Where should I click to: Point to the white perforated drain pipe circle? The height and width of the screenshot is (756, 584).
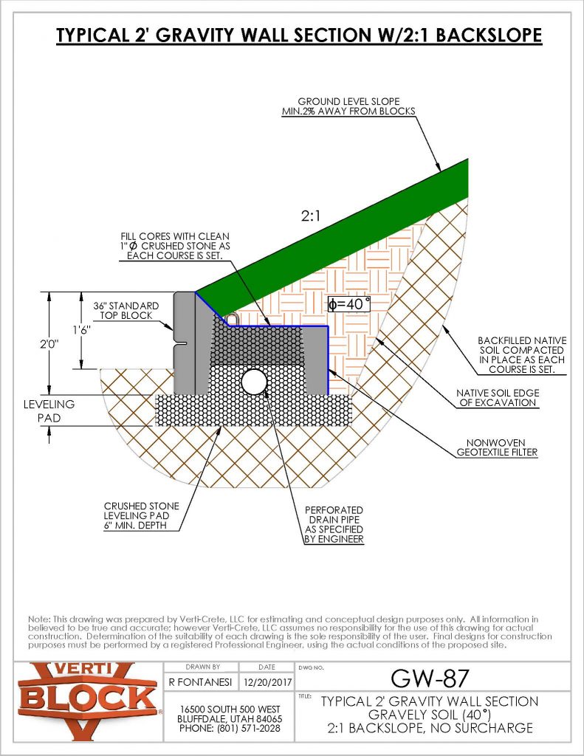click(255, 382)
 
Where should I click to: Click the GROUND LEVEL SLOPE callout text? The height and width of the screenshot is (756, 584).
click(356, 106)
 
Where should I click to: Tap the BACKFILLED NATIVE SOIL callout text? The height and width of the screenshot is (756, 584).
click(521, 354)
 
